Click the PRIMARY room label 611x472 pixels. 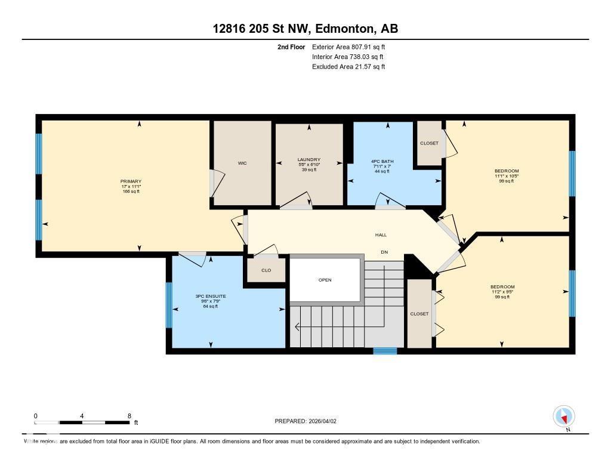pyautogui.click(x=131, y=181)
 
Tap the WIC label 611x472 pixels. pyautogui.click(x=242, y=163)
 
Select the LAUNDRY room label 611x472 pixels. pyautogui.click(x=309, y=159)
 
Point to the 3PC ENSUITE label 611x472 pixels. pyautogui.click(x=211, y=296)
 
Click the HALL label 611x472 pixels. pyautogui.click(x=381, y=235)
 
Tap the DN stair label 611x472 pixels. pyautogui.click(x=384, y=252)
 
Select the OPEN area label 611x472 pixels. pyautogui.click(x=325, y=280)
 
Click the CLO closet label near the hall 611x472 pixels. pyautogui.click(x=266, y=270)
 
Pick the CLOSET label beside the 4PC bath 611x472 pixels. pyautogui.click(x=429, y=143)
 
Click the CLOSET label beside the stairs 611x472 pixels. pyautogui.click(x=419, y=314)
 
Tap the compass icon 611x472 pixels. pyautogui.click(x=563, y=416)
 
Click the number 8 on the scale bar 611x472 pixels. pyautogui.click(x=129, y=416)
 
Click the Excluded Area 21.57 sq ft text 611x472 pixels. pyautogui.click(x=348, y=67)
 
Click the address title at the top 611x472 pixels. pyautogui.click(x=305, y=29)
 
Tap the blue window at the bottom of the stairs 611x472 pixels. pyautogui.click(x=385, y=351)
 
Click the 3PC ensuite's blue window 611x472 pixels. pyautogui.click(x=169, y=305)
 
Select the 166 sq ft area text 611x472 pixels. pyautogui.click(x=131, y=192)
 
